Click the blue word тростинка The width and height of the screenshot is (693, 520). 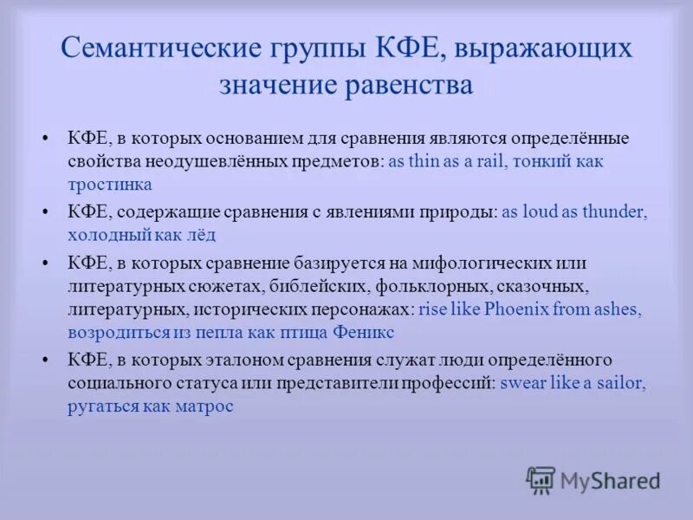pyautogui.click(x=110, y=184)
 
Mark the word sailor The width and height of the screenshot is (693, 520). pyautogui.click(x=620, y=384)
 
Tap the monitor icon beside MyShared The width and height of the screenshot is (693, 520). pyautogui.click(x=541, y=479)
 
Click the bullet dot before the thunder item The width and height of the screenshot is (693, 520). pyautogui.click(x=48, y=212)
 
